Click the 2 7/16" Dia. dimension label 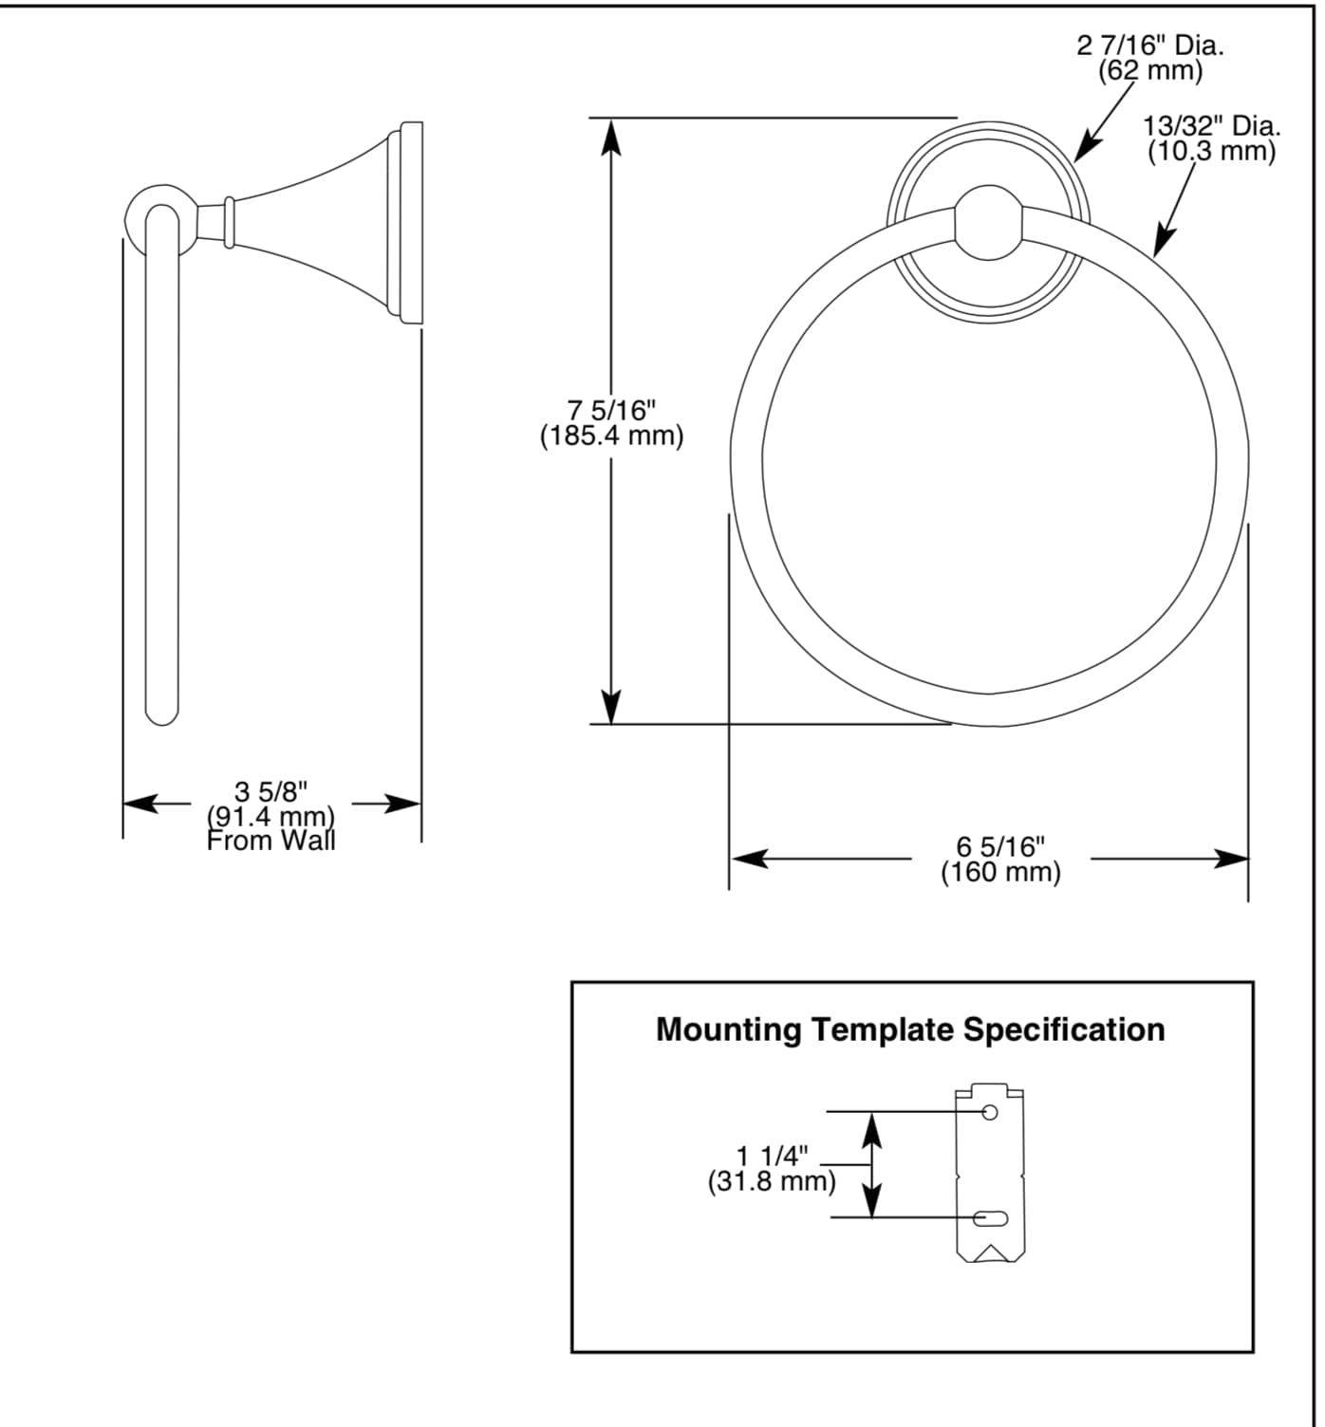1149,45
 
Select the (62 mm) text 1149,69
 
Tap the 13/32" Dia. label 1211,125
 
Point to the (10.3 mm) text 1211,151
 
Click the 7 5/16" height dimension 611,411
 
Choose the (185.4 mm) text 611,436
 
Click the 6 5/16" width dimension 1000,846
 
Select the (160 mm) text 1000,872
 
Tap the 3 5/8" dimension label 271,790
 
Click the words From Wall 271,841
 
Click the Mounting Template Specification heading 910,1029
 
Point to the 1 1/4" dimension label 773,1156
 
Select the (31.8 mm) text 773,1182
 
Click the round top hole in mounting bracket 989,1112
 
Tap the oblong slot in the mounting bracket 990,1217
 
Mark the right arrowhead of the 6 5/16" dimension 1231,860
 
